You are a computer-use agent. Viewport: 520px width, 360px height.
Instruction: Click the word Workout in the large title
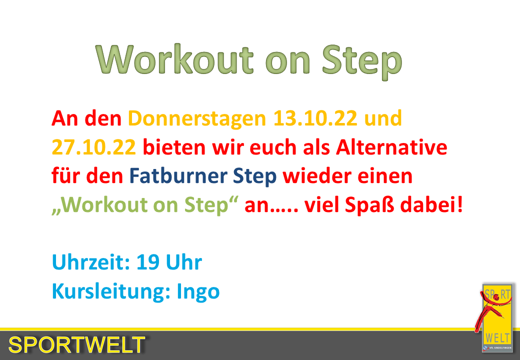(174, 59)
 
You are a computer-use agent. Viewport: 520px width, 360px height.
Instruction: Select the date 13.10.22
(315, 118)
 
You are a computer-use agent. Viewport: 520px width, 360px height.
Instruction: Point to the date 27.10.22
(94, 147)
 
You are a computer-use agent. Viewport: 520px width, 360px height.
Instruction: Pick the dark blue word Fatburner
(178, 175)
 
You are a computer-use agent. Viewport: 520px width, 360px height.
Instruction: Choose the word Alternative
(391, 147)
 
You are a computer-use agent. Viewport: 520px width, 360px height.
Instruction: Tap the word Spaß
(369, 205)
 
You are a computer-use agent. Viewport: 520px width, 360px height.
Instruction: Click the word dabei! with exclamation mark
(431, 204)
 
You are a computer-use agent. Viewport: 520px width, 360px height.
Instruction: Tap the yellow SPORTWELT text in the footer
(76, 345)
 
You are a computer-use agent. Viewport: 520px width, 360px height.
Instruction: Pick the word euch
(273, 147)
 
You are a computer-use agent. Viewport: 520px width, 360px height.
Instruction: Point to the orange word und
(383, 118)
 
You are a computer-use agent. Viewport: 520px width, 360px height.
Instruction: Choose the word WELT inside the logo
(497, 338)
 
